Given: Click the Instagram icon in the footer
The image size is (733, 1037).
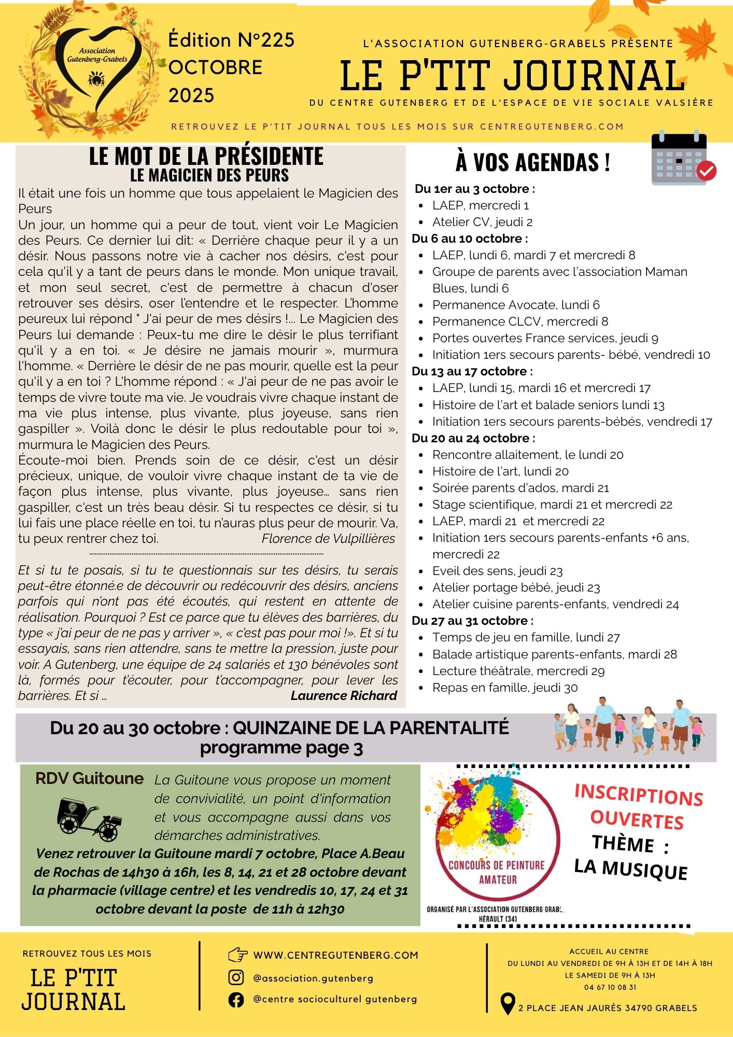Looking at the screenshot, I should tap(236, 977).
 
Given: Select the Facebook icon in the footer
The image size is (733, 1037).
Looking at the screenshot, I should tap(236, 999).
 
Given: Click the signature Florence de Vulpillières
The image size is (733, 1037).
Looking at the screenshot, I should tap(328, 539).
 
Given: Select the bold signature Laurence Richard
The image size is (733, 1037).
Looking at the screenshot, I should tap(344, 696).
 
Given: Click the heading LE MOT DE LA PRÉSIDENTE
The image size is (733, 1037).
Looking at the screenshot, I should tap(206, 156).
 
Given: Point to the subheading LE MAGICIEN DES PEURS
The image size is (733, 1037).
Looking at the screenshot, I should tap(209, 175).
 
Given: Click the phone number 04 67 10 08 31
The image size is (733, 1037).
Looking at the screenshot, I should tap(610, 987).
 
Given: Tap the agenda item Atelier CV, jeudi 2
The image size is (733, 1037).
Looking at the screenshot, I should tap(482, 222).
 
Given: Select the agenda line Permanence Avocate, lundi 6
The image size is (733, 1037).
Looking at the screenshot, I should tap(516, 305).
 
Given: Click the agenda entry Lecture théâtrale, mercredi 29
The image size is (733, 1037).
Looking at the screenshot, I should tap(518, 671).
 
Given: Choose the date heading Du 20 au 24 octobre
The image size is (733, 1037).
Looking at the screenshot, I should tap(473, 438).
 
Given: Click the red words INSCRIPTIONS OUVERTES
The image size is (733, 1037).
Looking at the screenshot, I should tap(638, 807).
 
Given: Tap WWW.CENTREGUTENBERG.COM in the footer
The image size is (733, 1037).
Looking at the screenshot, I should tap(335, 955).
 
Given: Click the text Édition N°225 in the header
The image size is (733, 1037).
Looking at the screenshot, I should tap(231, 40).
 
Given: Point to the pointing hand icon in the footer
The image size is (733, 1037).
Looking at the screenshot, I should tap(237, 955).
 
